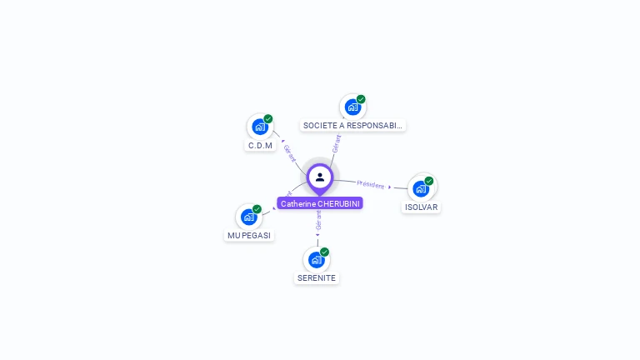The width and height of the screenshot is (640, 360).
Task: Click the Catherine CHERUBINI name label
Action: [x=320, y=203]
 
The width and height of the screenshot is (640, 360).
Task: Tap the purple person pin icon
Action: [x=320, y=177]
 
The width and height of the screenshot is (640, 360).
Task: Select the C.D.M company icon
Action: [x=260, y=127]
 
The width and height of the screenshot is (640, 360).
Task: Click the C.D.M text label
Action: [x=260, y=146]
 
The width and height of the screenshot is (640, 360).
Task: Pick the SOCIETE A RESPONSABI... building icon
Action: [x=352, y=107]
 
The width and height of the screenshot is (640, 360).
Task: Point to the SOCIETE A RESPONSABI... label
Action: [x=352, y=126]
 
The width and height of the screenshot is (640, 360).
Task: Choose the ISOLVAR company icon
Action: [x=421, y=187]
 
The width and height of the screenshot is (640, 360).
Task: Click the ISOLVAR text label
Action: [x=421, y=207]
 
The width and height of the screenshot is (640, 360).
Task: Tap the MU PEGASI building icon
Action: [x=248, y=217]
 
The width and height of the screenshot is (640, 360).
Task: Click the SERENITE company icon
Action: [x=317, y=259]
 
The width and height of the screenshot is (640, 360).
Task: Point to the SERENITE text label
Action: [x=317, y=278]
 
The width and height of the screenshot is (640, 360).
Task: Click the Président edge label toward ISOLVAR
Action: [x=371, y=184]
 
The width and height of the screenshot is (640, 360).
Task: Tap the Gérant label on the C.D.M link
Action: [x=289, y=153]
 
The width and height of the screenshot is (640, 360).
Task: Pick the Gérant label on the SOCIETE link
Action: [x=336, y=144]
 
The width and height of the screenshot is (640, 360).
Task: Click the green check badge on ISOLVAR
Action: [x=429, y=181]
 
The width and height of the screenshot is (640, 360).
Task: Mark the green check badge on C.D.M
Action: [x=268, y=119]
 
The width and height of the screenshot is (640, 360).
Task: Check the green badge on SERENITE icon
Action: [x=325, y=252]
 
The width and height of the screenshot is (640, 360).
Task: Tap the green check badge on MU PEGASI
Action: [x=257, y=209]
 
